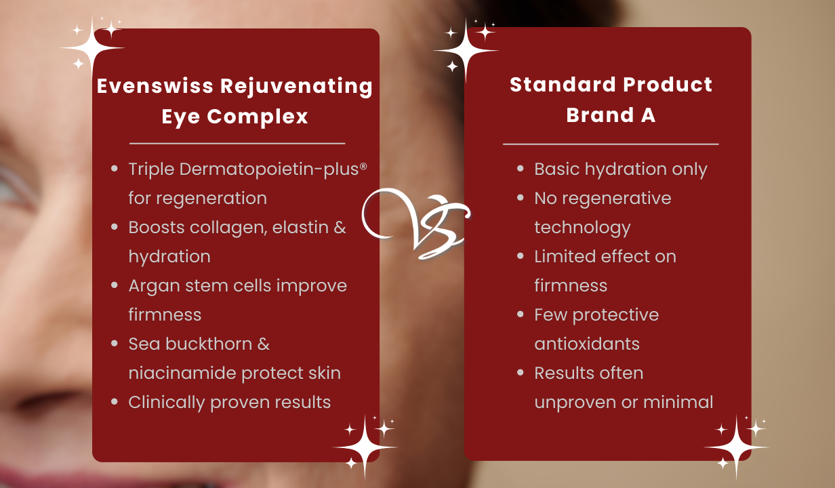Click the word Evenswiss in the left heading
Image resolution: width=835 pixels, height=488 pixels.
click(x=155, y=86)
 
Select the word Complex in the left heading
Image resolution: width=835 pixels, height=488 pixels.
click(x=258, y=117)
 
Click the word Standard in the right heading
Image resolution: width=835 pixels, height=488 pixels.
click(x=563, y=84)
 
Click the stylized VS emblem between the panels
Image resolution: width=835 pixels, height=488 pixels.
click(x=416, y=223)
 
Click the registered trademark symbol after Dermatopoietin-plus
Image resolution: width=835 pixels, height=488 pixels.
click(x=363, y=166)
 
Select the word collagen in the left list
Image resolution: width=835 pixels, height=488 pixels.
click(x=228, y=228)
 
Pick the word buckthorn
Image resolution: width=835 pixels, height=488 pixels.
click(x=209, y=344)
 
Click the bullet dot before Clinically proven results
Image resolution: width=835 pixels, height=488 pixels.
click(x=115, y=402)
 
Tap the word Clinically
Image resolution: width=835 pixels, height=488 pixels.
click(x=167, y=403)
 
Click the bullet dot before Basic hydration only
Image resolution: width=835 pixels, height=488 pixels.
click(x=521, y=169)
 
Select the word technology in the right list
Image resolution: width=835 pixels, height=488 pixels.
click(x=582, y=228)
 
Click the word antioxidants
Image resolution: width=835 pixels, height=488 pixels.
click(x=587, y=344)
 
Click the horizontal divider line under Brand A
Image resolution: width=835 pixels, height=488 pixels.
click(x=611, y=144)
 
